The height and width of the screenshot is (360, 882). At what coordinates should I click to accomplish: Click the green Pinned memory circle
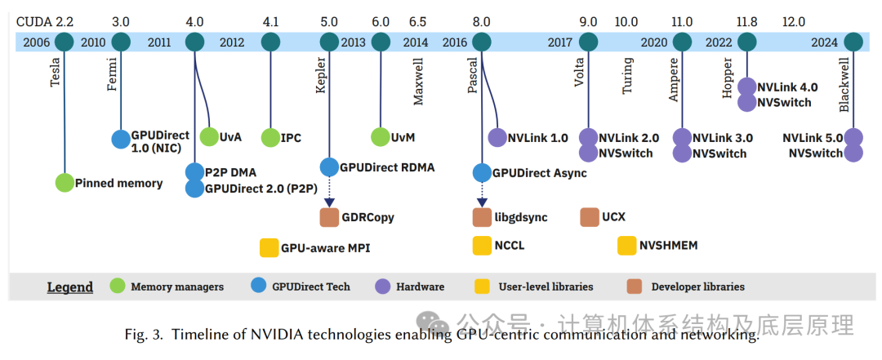65,183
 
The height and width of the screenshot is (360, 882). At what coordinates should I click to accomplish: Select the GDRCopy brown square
328,217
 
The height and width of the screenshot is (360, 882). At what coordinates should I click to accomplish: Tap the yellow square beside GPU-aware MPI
269,247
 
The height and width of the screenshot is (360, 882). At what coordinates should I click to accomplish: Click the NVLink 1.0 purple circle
497,138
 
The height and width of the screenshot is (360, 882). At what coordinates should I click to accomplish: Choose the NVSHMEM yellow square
626,244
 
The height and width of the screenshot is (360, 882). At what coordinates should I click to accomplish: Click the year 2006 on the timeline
38,42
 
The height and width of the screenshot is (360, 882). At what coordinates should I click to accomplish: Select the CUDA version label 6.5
416,22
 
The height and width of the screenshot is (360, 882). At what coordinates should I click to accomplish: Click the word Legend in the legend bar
70,287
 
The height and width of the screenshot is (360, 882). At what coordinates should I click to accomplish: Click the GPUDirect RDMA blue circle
329,167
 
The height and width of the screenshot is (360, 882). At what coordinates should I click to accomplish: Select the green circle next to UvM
381,138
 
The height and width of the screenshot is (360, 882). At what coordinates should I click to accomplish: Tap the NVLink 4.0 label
788,86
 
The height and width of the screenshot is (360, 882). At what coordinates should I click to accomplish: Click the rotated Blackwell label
845,85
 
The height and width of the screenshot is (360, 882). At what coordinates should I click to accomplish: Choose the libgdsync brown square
482,217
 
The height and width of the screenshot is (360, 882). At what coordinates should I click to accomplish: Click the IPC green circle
270,138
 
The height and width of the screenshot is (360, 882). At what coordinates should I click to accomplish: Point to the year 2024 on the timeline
825,42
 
